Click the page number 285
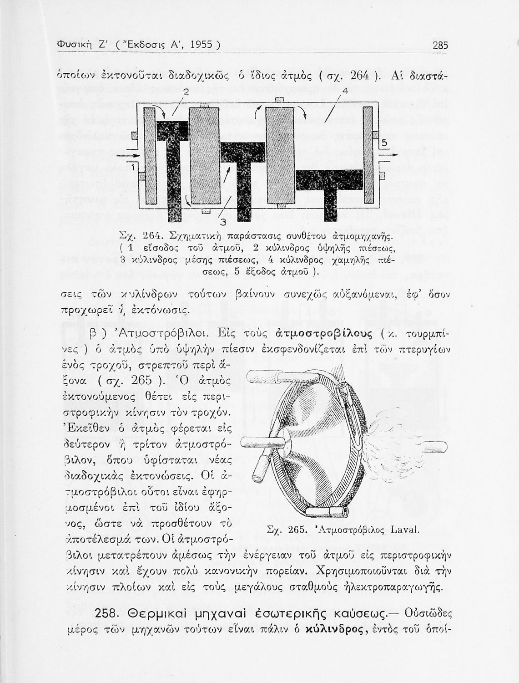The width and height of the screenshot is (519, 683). pyautogui.click(x=440, y=45)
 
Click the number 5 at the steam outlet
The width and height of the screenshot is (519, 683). pyautogui.click(x=384, y=144)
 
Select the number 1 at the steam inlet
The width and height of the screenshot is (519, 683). pyautogui.click(x=133, y=168)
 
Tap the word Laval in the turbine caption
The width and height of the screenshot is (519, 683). pyautogui.click(x=404, y=530)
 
